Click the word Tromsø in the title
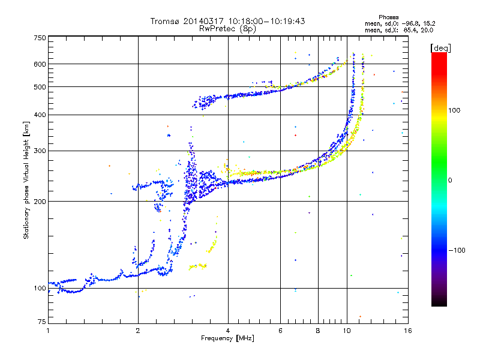(x=166, y=21)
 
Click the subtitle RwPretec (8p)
(x=227, y=29)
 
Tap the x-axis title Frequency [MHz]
(x=227, y=338)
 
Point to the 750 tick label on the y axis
(x=40, y=38)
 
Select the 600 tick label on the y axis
(x=40, y=64)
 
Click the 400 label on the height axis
(x=40, y=115)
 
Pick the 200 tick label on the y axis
(x=40, y=202)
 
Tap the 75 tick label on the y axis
(x=42, y=322)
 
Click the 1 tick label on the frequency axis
(x=48, y=331)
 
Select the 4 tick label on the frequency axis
(x=228, y=331)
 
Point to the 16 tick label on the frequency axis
(x=408, y=331)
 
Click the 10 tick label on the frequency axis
(x=347, y=331)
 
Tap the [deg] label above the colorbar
(x=440, y=49)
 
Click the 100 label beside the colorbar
(x=454, y=110)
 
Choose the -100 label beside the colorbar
(x=457, y=250)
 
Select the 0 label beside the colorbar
(x=450, y=181)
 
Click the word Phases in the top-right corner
(x=388, y=17)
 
